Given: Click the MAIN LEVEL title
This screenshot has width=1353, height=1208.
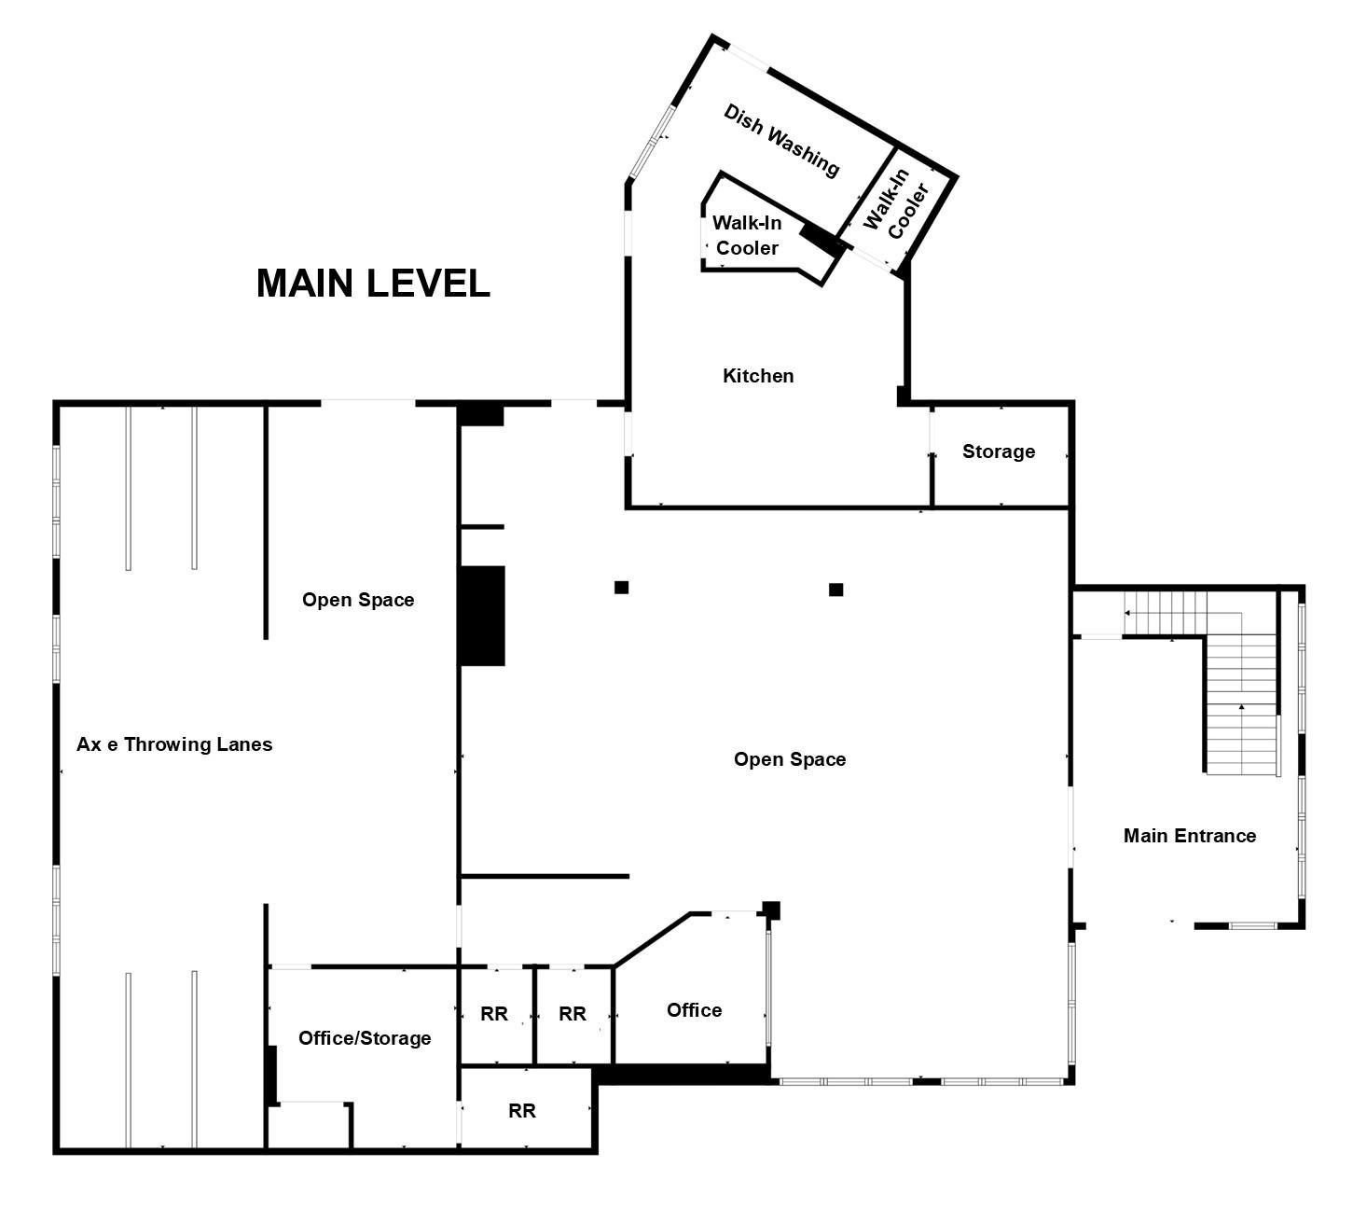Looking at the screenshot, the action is pos(373,283).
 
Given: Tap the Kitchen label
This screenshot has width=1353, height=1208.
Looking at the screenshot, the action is pos(758,376).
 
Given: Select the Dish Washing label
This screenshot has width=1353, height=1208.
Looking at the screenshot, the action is pos(780,140).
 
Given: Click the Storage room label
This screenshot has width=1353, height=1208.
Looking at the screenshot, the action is pos(999,451).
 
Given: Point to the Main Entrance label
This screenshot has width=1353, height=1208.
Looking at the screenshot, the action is pos(1190,835).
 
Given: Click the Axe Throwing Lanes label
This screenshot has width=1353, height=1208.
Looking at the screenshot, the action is pos(174,744).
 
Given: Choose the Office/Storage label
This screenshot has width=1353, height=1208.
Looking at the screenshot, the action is pos(365,1037).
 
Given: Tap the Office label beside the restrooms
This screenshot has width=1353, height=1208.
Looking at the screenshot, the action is pos(694,1009).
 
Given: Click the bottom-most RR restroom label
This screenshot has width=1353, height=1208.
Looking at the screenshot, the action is pos(521,1110).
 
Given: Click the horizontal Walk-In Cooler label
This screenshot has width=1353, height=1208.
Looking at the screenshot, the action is pos(747,235).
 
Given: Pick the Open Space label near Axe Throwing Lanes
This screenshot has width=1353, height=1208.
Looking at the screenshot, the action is pos(358,599).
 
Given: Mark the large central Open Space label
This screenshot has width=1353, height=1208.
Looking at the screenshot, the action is pos(790,759).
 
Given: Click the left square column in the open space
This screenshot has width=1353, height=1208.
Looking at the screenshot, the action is pos(621,588).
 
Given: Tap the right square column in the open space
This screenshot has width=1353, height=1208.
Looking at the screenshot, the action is pos(835,590).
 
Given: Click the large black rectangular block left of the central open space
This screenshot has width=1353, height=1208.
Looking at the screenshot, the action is pos(481,616).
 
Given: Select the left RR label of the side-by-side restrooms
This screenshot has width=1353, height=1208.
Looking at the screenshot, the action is pos(493,1014).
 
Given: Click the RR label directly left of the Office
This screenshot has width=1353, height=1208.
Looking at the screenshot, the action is pos(573,1014).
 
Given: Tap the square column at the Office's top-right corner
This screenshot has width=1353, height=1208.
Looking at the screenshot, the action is pos(771,910).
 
